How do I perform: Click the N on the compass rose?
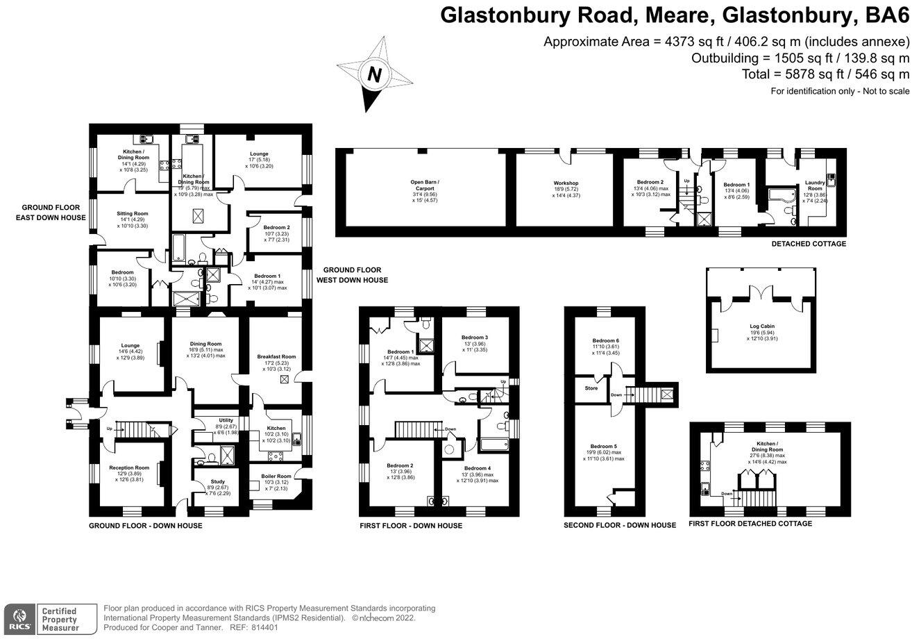375,74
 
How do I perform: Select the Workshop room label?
566,183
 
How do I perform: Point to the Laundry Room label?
815,186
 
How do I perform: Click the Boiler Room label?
276,476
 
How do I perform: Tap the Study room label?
208,481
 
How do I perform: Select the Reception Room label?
130,468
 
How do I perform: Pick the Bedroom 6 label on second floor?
605,340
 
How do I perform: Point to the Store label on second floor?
591,388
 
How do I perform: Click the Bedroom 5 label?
604,446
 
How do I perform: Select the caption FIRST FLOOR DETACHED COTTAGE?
750,524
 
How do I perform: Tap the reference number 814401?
263,626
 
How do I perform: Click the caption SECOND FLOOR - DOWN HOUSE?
619,525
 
